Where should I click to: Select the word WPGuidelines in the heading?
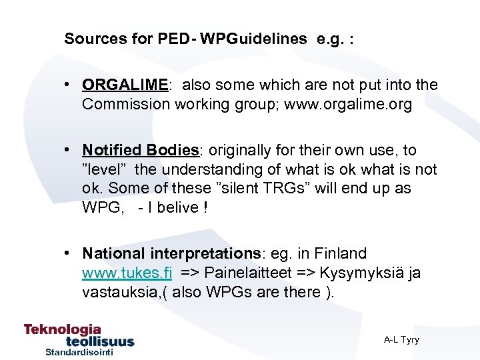pos(253,39)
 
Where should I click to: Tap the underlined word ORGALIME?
pos(125,85)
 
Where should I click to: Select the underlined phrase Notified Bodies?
pos(141,151)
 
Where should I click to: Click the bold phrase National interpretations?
pos(171,254)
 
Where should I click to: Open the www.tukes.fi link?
pos(127,273)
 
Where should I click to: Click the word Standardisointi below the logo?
pos(79,352)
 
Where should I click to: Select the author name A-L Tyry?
pos(401,340)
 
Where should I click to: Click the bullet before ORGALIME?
pos(69,85)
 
